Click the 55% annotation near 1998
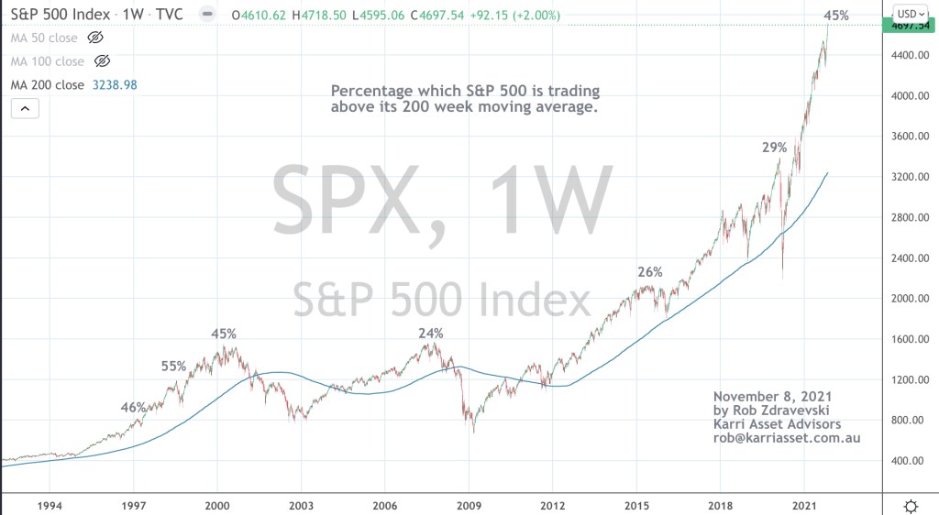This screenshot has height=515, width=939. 173,366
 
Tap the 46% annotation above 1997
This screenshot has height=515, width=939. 133,407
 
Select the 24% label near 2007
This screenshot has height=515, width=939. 431,334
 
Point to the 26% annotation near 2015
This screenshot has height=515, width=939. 649,272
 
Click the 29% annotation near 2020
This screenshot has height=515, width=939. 774,148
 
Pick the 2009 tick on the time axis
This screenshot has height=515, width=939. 469,506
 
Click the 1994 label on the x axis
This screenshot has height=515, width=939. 50,506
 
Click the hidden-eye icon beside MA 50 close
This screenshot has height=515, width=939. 94,38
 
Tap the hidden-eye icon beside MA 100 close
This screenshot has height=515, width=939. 102,60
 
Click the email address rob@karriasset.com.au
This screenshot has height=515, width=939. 786,438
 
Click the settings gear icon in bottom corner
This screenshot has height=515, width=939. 911,506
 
